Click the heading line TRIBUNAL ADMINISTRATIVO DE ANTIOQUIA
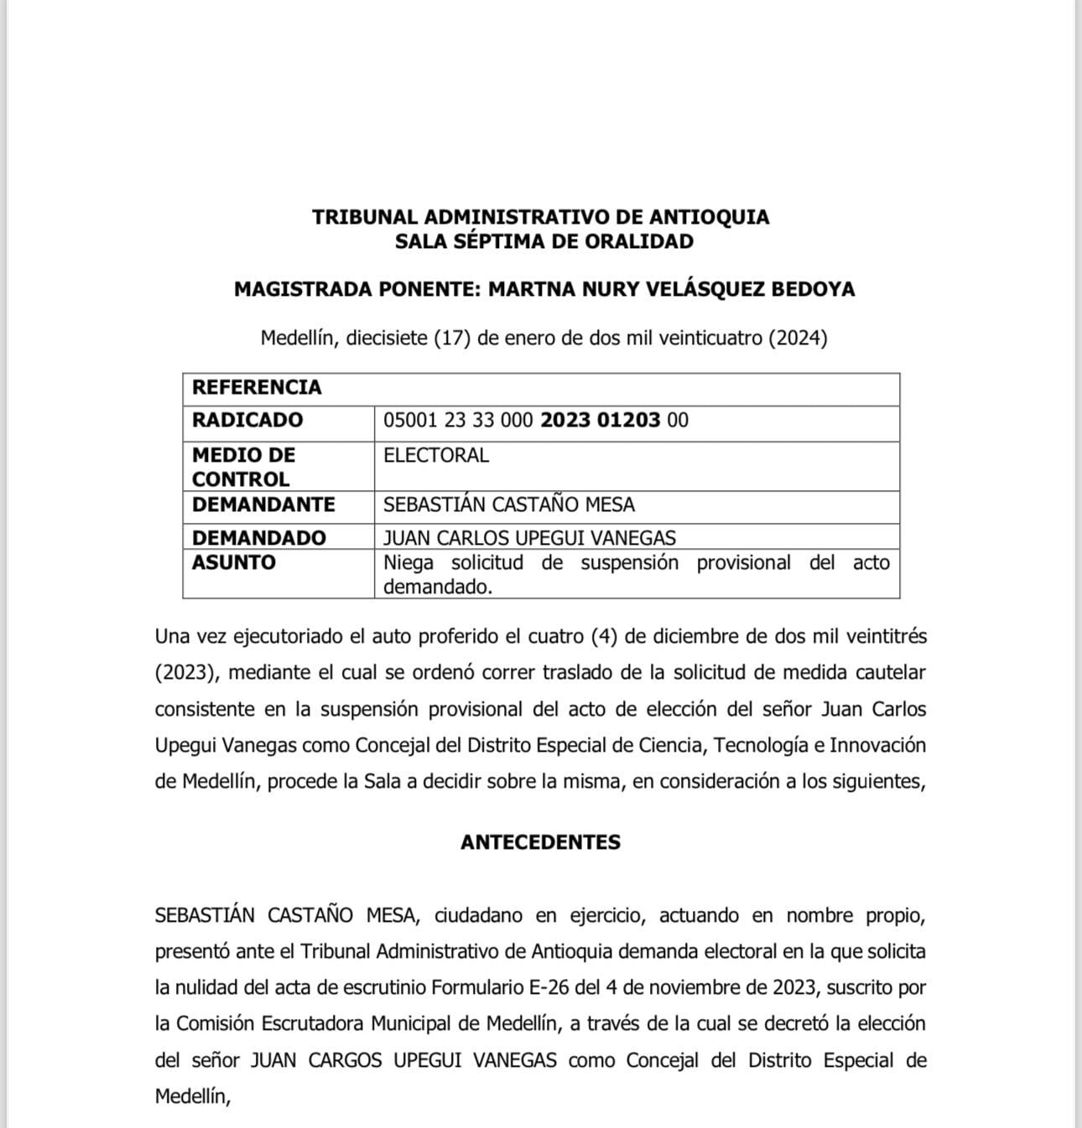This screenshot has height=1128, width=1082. [540, 217]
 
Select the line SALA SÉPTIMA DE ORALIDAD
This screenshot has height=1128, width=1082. [544, 241]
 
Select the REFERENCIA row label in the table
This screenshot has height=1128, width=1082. [257, 387]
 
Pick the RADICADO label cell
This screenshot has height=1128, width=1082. [247, 420]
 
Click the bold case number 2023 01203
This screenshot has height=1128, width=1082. [600, 420]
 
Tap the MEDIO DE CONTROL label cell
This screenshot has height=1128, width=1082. [243, 467]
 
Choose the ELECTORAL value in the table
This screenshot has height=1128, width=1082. [435, 455]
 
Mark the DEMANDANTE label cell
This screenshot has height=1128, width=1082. [263, 504]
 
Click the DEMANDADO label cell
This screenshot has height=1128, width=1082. [258, 537]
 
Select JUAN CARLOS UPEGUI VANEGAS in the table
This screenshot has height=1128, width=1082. [529, 537]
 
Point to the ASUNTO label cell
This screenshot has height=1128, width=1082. [233, 562]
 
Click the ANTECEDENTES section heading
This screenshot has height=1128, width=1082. [540, 842]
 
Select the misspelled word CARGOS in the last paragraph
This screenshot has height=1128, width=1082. [345, 1060]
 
